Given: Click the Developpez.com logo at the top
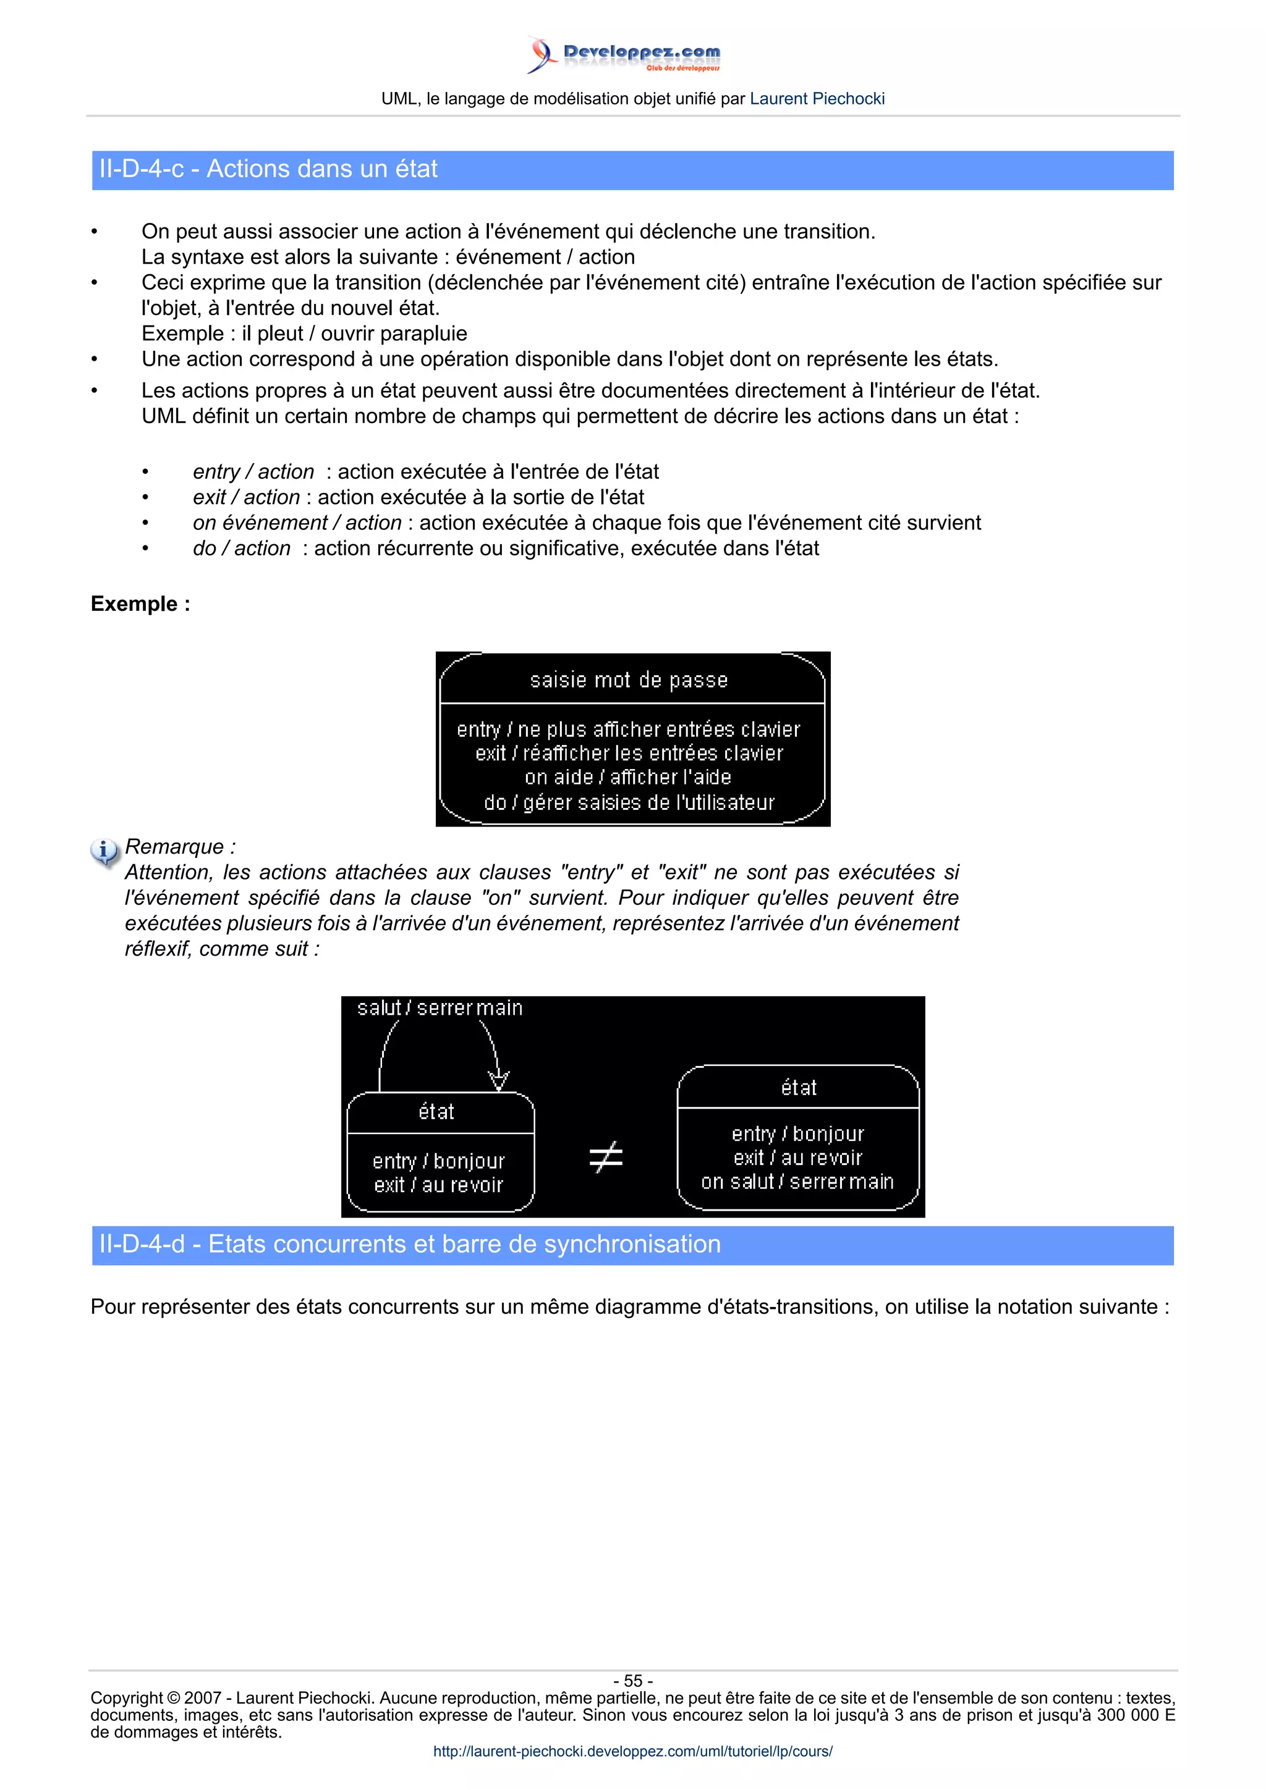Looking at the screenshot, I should (624, 54).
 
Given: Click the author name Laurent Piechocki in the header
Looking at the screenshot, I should (817, 99).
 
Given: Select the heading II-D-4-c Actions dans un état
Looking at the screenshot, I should (268, 169).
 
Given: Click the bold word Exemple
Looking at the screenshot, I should (140, 604).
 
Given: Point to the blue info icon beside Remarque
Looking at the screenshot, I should (104, 851).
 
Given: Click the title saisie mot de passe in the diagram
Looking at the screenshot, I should (629, 681).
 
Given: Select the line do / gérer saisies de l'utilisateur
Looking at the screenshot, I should (629, 802).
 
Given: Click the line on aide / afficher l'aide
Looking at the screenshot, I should (628, 777).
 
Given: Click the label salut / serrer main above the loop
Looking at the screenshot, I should (439, 1008).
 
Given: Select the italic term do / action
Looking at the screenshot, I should (242, 549).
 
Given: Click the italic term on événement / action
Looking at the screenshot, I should (297, 523).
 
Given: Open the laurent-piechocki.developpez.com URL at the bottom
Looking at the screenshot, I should (632, 1751).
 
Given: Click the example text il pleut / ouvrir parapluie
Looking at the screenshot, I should (354, 334).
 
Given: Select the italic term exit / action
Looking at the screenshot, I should (247, 497).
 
